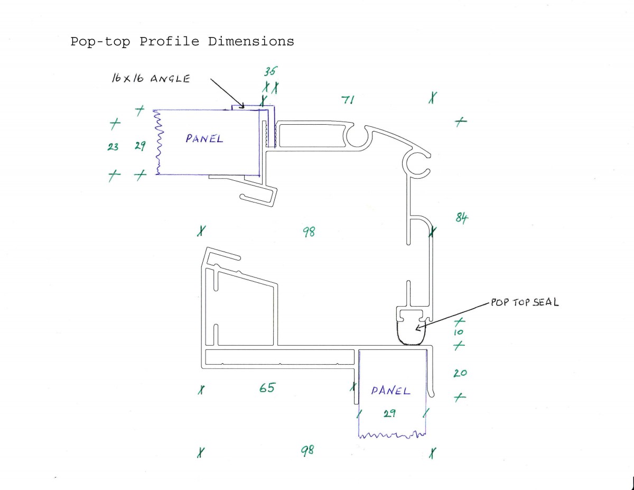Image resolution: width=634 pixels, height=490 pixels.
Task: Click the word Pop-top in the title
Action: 100,42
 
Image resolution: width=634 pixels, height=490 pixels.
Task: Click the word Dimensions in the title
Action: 251,41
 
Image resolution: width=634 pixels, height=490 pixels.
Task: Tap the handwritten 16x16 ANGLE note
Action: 151,78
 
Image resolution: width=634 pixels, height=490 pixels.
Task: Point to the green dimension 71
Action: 348,100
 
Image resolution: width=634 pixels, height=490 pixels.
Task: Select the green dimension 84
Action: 462,217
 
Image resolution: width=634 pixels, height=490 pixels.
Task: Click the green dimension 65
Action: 267,387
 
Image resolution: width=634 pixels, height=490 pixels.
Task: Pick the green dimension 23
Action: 113,146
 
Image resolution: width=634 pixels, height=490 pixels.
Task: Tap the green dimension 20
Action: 460,373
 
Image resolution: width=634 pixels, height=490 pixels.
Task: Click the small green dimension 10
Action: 459,332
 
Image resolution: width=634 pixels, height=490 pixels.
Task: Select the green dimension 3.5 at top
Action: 271,71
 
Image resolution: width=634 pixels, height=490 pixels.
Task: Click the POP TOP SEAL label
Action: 525,302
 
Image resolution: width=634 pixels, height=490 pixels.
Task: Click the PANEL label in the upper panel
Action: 204,138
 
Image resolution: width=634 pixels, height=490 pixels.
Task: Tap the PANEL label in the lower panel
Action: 390,391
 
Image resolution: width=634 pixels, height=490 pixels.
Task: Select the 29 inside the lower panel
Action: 389,413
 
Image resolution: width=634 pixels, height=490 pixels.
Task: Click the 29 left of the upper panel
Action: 141,146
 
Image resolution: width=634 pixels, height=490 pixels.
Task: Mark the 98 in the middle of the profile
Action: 309,232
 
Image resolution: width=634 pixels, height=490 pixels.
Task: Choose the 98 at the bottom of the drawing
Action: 307,450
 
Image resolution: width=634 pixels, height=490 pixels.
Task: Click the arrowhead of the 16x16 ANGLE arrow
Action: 241,106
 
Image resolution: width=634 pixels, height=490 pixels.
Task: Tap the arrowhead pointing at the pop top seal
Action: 418,327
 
